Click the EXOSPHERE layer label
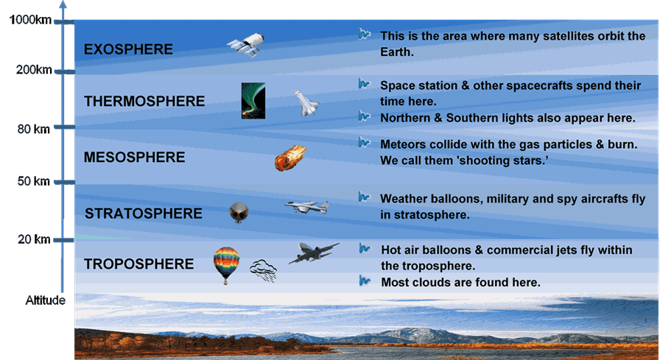pyautogui.click(x=128, y=49)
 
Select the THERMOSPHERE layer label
pyautogui.click(x=144, y=101)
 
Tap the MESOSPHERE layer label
pyautogui.click(x=134, y=158)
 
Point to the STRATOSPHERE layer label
pyautogui.click(x=144, y=213)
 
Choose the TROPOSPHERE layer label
pyautogui.click(x=139, y=264)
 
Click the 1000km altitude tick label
pyautogui.click(x=30, y=20)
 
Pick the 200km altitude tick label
pyautogui.click(x=34, y=69)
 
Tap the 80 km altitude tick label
pyautogui.click(x=34, y=129)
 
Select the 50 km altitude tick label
pyautogui.click(x=34, y=181)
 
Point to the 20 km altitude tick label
pyautogui.click(x=34, y=239)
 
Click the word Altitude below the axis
pyautogui.click(x=46, y=300)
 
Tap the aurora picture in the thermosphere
pyautogui.click(x=253, y=101)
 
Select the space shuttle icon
pyautogui.click(x=306, y=102)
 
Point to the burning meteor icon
pyautogui.click(x=290, y=158)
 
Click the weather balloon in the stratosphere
pyautogui.click(x=239, y=212)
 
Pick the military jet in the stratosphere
pyautogui.click(x=306, y=207)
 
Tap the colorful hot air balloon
pyautogui.click(x=226, y=265)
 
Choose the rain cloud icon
pyautogui.click(x=264, y=270)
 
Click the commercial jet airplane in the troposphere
pyautogui.click(x=314, y=253)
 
